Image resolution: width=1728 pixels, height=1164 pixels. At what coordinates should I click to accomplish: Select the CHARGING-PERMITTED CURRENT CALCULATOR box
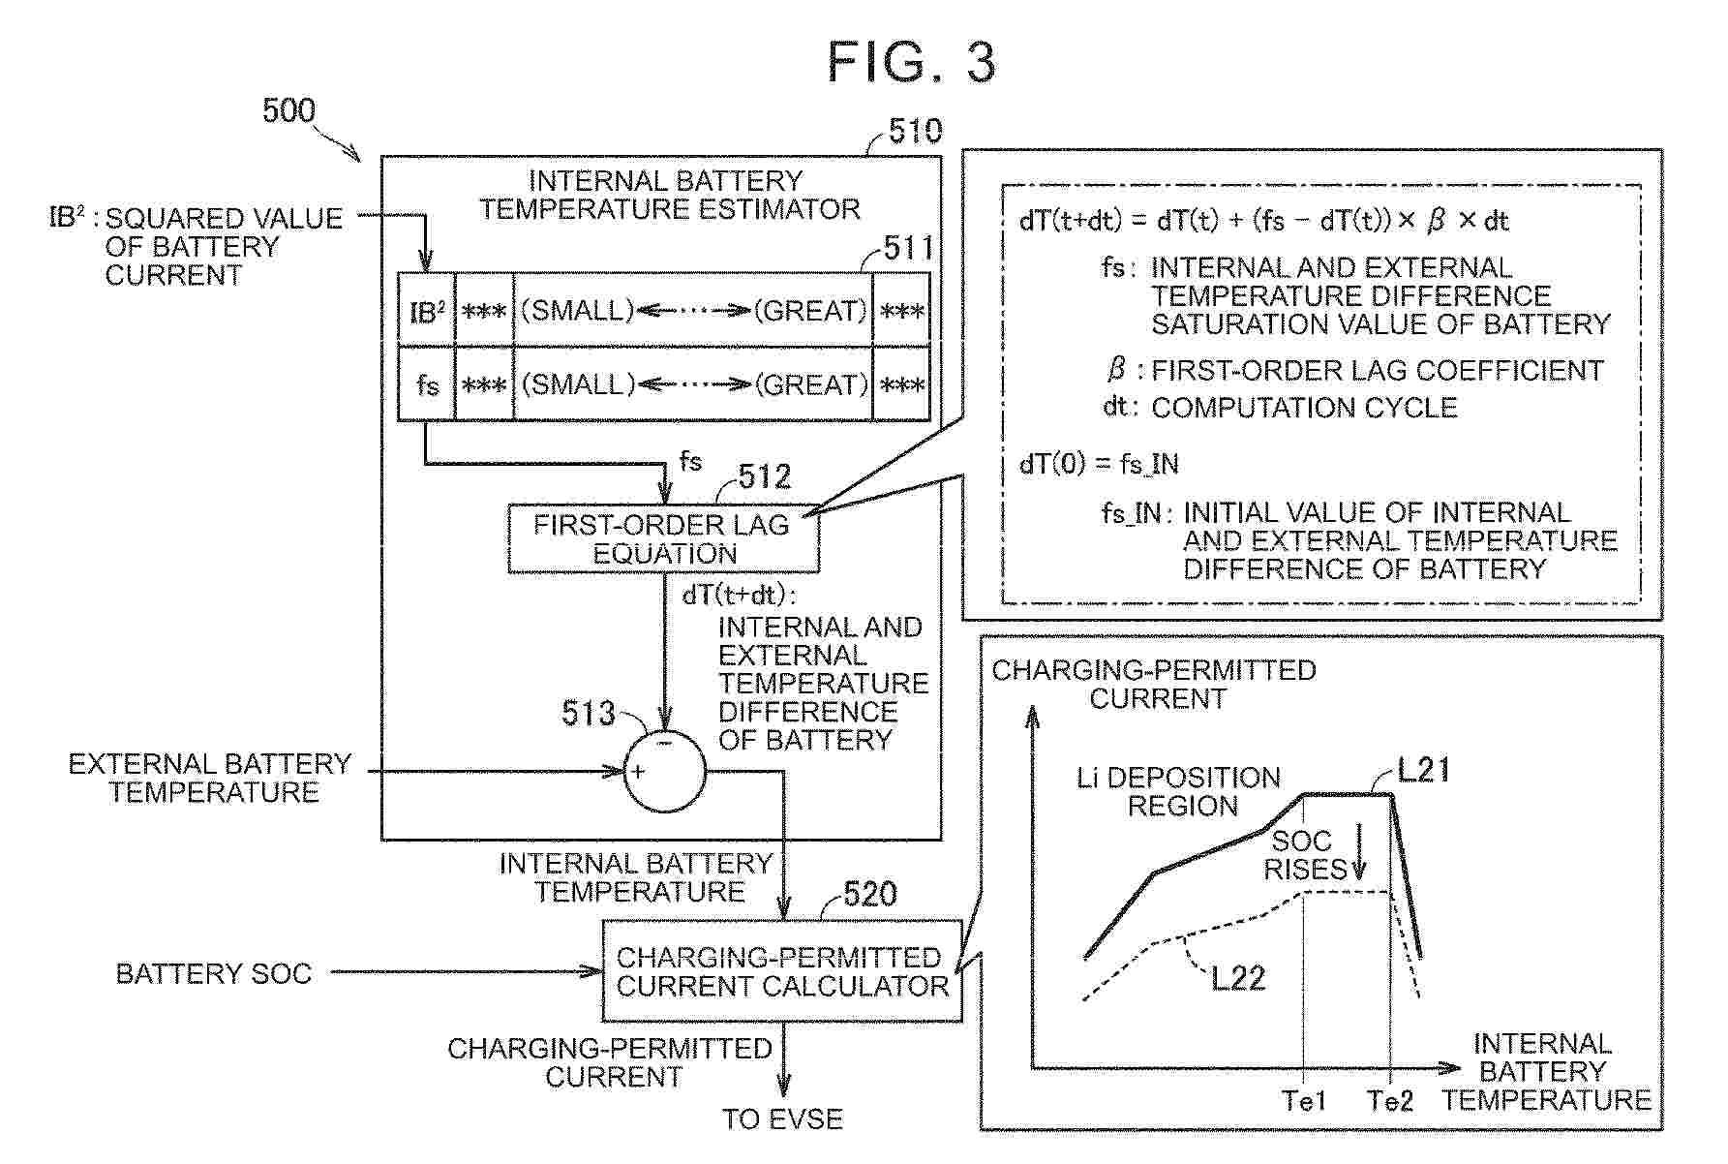[782, 970]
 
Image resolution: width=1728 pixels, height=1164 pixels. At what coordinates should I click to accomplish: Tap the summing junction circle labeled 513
[665, 772]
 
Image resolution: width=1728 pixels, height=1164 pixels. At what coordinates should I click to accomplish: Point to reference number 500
[288, 110]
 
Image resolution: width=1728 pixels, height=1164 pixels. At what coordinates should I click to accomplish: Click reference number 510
[915, 131]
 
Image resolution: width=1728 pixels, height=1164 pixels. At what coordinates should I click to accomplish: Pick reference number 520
[870, 893]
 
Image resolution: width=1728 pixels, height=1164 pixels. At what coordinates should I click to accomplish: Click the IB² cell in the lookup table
[426, 311]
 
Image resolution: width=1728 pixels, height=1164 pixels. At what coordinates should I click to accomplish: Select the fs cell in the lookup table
[426, 384]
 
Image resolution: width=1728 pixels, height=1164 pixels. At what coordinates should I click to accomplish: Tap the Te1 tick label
[1304, 1100]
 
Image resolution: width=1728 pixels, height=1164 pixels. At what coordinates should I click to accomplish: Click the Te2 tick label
[1391, 1100]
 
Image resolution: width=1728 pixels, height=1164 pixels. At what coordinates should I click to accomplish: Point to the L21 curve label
[1424, 770]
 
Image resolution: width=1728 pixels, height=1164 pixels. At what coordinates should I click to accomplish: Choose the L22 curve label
[1238, 977]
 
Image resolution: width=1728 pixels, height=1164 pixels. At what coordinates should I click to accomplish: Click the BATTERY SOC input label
[213, 973]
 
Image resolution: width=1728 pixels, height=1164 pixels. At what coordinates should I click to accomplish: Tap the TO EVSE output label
[782, 1119]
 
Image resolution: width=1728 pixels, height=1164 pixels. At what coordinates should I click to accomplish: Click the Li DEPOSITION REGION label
[1178, 791]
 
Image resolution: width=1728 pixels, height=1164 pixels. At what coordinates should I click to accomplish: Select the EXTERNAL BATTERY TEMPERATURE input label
[210, 778]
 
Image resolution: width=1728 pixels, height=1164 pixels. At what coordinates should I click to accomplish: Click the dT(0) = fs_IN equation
[1099, 464]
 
